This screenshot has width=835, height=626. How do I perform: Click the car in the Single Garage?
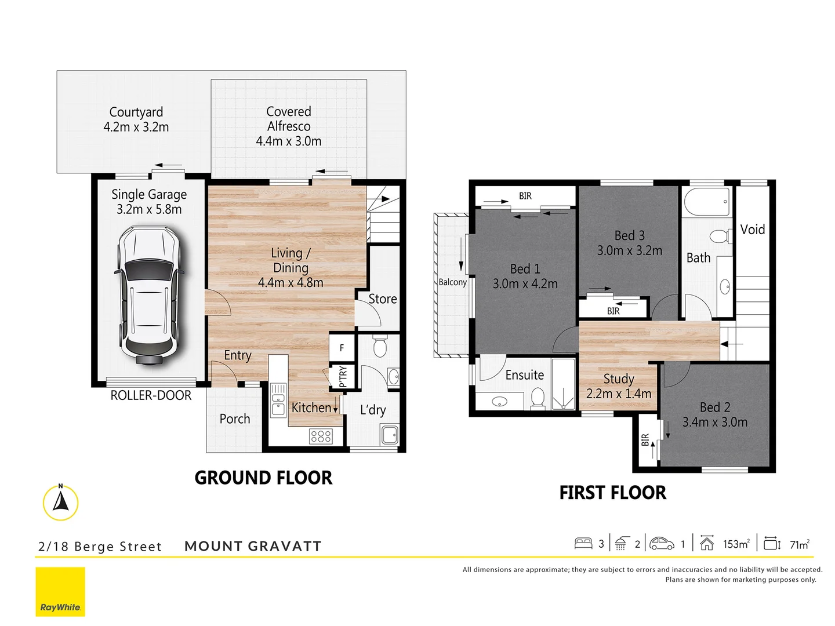pyautogui.click(x=150, y=296)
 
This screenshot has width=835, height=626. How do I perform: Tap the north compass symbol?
pyautogui.click(x=60, y=502)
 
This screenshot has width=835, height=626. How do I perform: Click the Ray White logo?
pyautogui.click(x=60, y=592)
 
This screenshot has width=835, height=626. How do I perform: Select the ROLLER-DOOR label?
pyautogui.click(x=151, y=396)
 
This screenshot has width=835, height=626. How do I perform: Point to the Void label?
pyautogui.click(x=753, y=230)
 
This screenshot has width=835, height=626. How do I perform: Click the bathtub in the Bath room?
pyautogui.click(x=707, y=202)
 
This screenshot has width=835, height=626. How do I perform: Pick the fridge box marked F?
pyautogui.click(x=342, y=348)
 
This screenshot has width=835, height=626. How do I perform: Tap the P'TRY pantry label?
pyautogui.click(x=343, y=376)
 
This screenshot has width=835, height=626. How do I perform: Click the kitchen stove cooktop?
pyautogui.click(x=321, y=436)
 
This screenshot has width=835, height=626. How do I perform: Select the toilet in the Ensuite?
pyautogui.click(x=538, y=398)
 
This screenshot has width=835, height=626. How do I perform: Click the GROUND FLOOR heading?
pyautogui.click(x=263, y=478)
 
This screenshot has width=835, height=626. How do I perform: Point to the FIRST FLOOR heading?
pyautogui.click(x=612, y=493)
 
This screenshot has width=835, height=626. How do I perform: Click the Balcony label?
pyautogui.click(x=452, y=282)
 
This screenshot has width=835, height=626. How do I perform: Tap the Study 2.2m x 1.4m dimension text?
pyautogui.click(x=619, y=394)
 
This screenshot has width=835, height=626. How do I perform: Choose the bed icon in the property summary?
pyautogui.click(x=583, y=544)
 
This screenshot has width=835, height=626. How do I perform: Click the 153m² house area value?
pyautogui.click(x=736, y=544)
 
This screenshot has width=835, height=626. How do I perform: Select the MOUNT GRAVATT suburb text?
pyautogui.click(x=253, y=546)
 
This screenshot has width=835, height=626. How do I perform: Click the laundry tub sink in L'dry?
pyautogui.click(x=389, y=434)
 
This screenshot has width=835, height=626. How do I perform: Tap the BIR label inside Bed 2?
pyautogui.click(x=645, y=440)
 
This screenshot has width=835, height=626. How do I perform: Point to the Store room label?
pyautogui.click(x=383, y=299)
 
